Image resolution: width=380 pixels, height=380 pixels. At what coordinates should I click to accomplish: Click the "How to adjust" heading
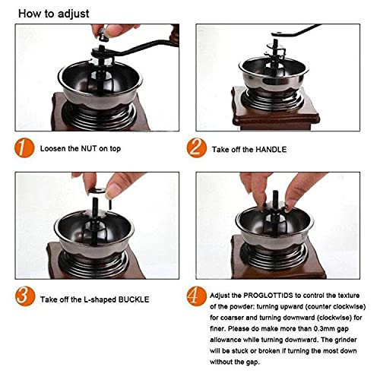pyautogui.click(x=54, y=14)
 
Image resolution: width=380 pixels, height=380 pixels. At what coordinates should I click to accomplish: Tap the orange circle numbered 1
pyautogui.click(x=24, y=148)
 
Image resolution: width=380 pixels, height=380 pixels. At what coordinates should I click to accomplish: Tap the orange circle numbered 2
pyautogui.click(x=197, y=148)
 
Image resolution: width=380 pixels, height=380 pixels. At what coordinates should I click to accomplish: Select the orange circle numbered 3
pyautogui.click(x=24, y=296)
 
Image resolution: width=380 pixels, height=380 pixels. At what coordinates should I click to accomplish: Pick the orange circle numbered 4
pyautogui.click(x=197, y=296)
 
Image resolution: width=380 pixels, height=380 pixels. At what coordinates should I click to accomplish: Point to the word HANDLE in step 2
pyautogui.click(x=271, y=150)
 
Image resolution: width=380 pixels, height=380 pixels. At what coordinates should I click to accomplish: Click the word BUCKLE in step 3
pyautogui.click(x=134, y=299)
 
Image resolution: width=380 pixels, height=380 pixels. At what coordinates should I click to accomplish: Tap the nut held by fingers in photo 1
pyautogui.click(x=104, y=34)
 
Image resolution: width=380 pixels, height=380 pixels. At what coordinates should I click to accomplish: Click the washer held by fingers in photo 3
pyautogui.click(x=97, y=190)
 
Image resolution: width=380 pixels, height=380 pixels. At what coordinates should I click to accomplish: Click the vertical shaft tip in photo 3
pyautogui.click(x=95, y=203)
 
